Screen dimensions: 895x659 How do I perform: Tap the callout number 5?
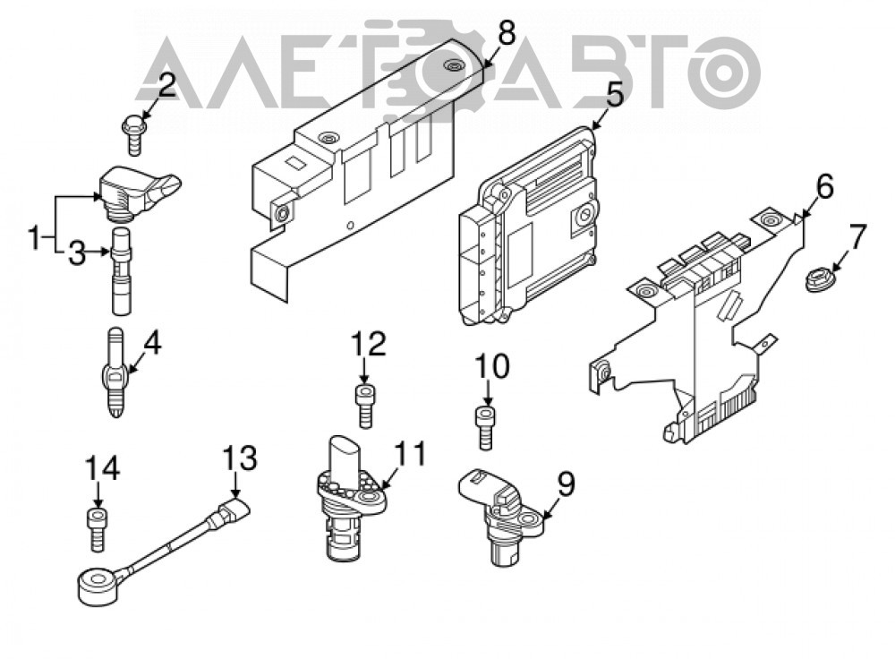tap(614, 95)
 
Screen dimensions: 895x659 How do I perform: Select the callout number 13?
tap(239, 458)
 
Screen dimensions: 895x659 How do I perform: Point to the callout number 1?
tap(36, 238)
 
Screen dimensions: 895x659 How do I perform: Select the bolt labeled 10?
tap(485, 426)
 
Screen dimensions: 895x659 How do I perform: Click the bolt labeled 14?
tap(98, 530)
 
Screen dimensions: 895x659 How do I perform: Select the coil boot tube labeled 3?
tap(121, 270)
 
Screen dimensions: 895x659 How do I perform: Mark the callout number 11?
tap(410, 453)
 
